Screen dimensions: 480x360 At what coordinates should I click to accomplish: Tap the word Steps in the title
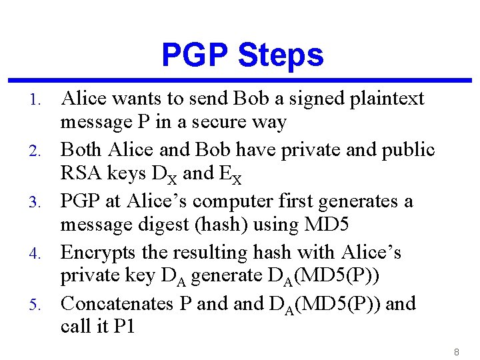281,55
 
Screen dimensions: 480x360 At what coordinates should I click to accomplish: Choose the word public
403,150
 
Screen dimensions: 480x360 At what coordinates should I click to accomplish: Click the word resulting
207,253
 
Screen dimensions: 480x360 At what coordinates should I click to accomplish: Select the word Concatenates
117,304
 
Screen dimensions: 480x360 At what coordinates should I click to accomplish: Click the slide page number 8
456,351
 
